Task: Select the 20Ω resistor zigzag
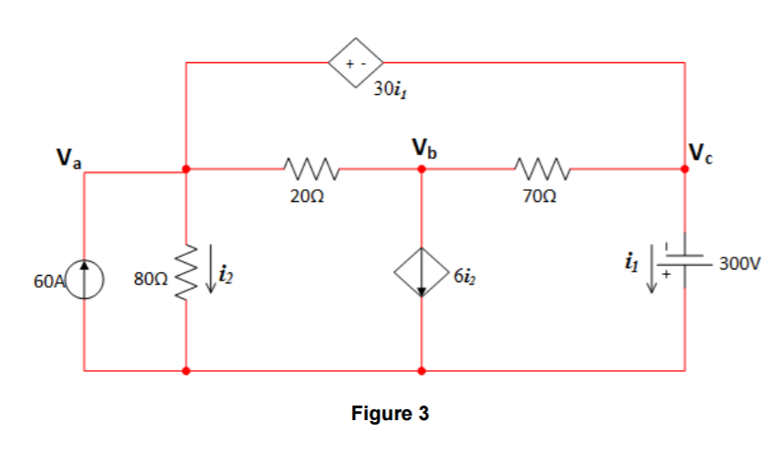coord(313,169)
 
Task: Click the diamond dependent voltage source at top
coord(355,62)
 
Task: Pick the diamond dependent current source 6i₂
coord(421,272)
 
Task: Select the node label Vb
coord(425,146)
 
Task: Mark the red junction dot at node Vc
coord(684,169)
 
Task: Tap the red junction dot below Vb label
coord(421,169)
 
